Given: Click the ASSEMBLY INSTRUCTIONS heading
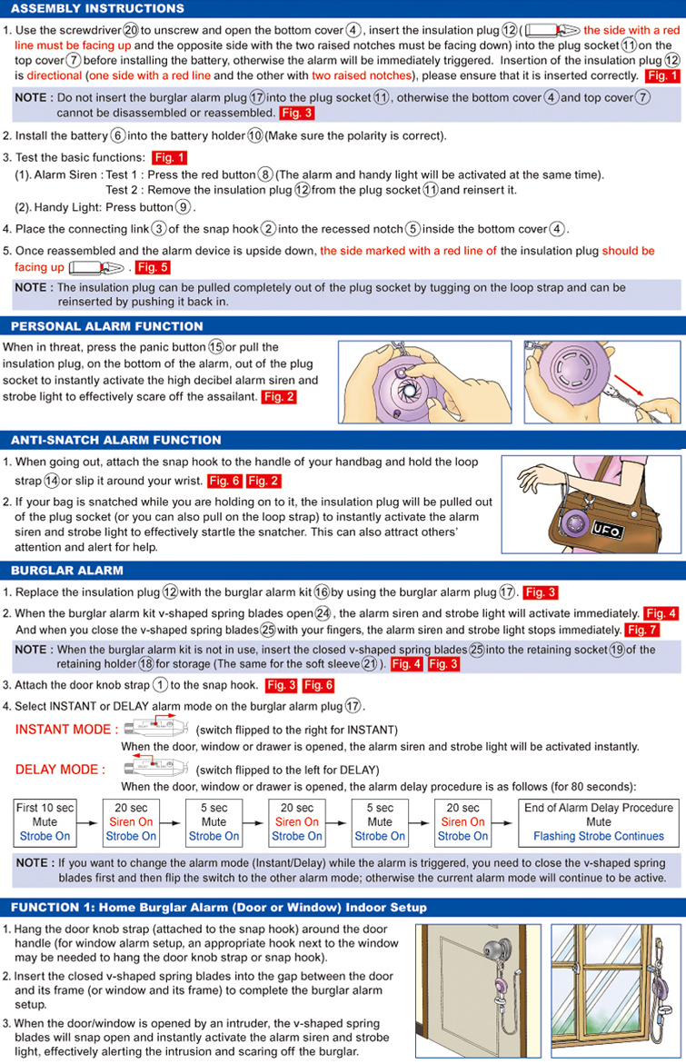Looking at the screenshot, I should click(97, 8).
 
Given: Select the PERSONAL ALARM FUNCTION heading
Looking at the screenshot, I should click(107, 326).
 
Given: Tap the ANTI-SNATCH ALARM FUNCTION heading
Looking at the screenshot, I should click(115, 440).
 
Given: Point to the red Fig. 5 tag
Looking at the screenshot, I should click(152, 267).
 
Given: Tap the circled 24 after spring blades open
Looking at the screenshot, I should click(323, 612).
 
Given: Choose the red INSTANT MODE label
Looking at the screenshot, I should click(66, 730).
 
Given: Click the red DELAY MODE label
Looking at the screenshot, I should click(60, 770).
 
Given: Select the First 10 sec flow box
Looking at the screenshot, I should click(45, 821).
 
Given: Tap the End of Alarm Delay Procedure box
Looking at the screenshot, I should click(599, 821).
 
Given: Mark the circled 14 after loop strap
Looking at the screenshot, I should click(52, 480).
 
